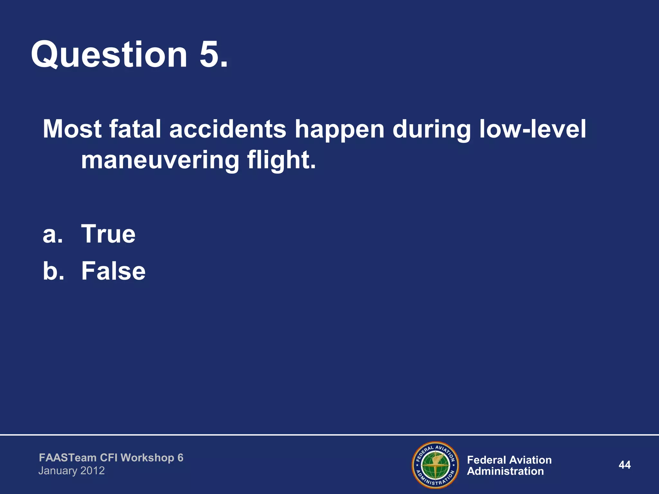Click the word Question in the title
[x=109, y=55]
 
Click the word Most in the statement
[x=72, y=129]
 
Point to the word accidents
[x=227, y=129]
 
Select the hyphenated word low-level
[x=533, y=129]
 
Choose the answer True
[x=108, y=234]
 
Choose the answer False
[x=113, y=271]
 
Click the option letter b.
[x=52, y=271]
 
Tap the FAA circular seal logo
[x=435, y=465]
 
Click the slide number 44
[x=624, y=465]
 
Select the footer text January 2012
[x=71, y=471]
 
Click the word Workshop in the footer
[x=147, y=458]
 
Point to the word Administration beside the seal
[x=505, y=471]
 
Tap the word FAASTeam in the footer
[x=68, y=458]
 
